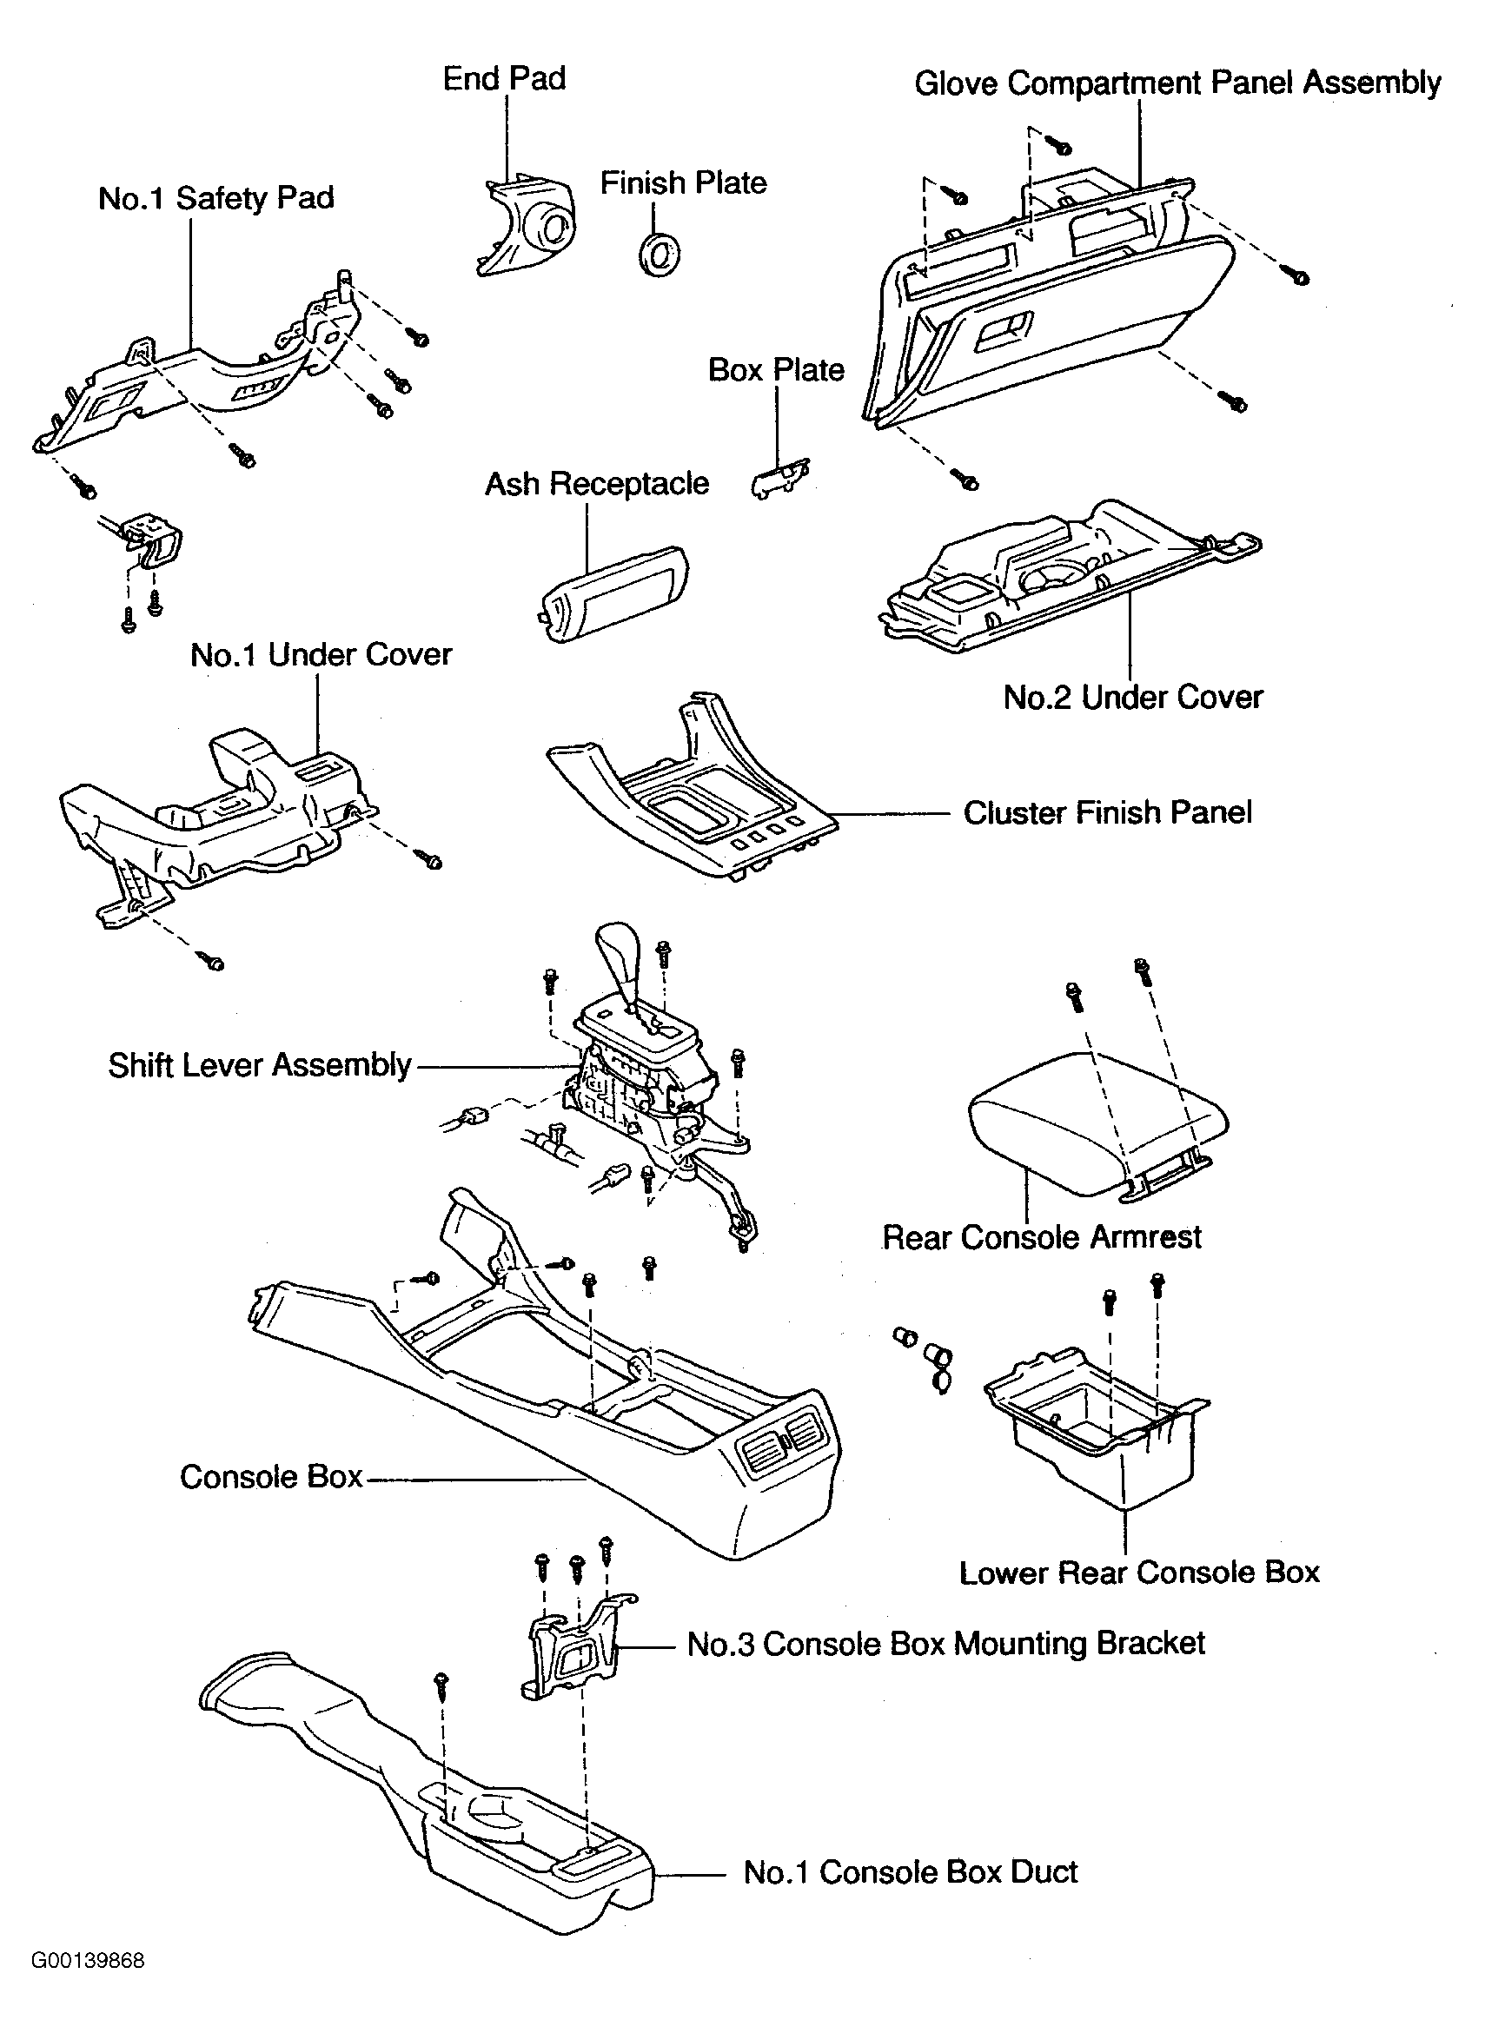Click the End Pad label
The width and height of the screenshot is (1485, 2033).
click(x=504, y=79)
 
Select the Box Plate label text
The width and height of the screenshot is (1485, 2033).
click(x=776, y=370)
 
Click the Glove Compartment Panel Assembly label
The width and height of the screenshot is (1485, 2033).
click(x=1177, y=83)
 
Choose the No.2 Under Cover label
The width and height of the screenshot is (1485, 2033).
click(x=1132, y=698)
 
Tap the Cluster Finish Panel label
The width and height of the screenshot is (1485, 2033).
click(x=1108, y=812)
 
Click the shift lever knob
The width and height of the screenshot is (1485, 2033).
click(x=619, y=961)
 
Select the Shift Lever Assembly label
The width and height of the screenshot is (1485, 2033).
click(x=260, y=1065)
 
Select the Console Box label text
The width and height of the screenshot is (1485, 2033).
click(x=270, y=1477)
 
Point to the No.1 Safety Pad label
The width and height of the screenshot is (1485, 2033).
click(x=215, y=198)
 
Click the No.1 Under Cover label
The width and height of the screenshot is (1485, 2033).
click(x=321, y=655)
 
